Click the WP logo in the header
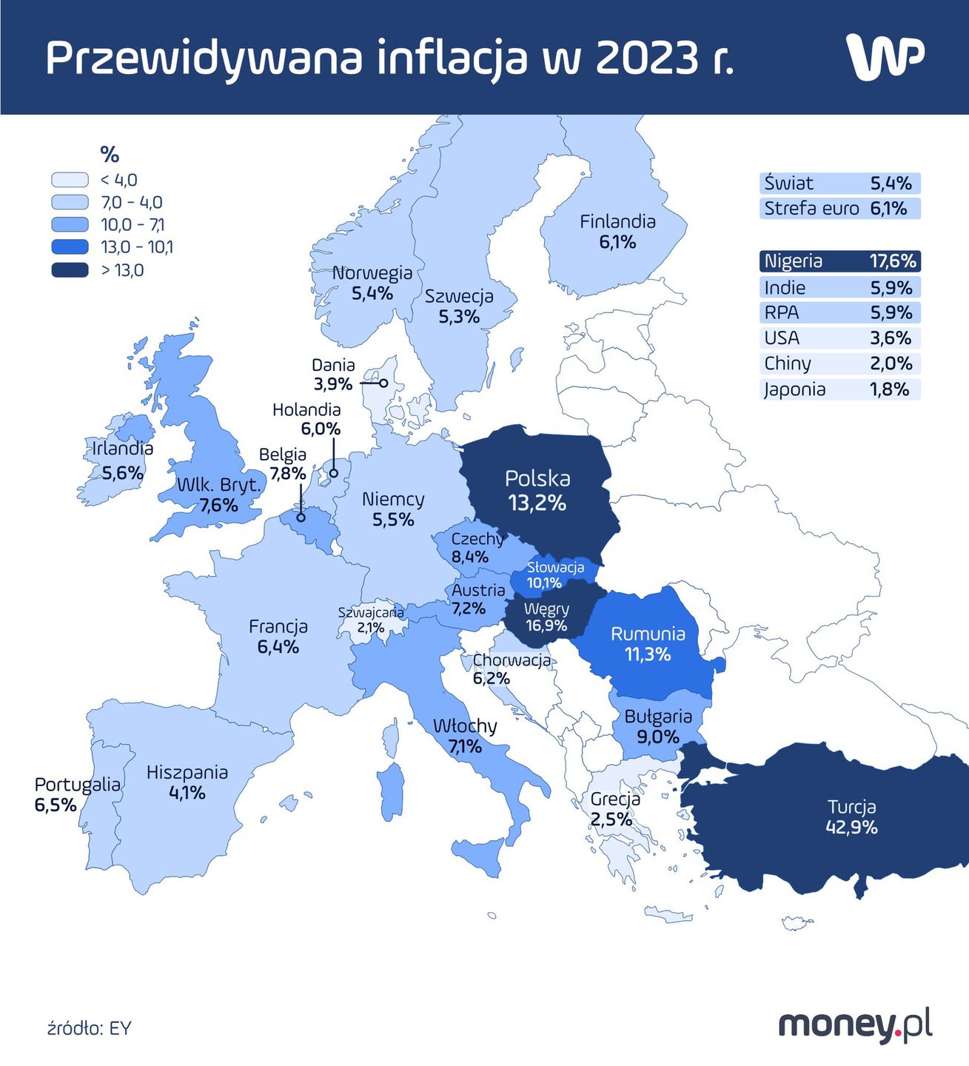click(885, 56)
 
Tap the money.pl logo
click(855, 1025)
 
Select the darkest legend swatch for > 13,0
click(70, 270)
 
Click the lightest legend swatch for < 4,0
click(70, 180)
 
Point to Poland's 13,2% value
click(537, 503)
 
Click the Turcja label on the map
click(851, 807)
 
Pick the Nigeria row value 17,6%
click(893, 261)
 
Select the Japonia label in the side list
click(794, 389)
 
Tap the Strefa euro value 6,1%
click(888, 208)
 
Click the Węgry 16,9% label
click(546, 617)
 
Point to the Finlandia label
click(617, 221)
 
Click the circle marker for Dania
click(383, 383)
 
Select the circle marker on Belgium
click(301, 517)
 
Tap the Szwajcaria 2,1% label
click(371, 620)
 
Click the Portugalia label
click(77, 785)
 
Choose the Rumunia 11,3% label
click(648, 644)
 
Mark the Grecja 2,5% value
click(611, 819)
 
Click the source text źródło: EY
click(89, 1028)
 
